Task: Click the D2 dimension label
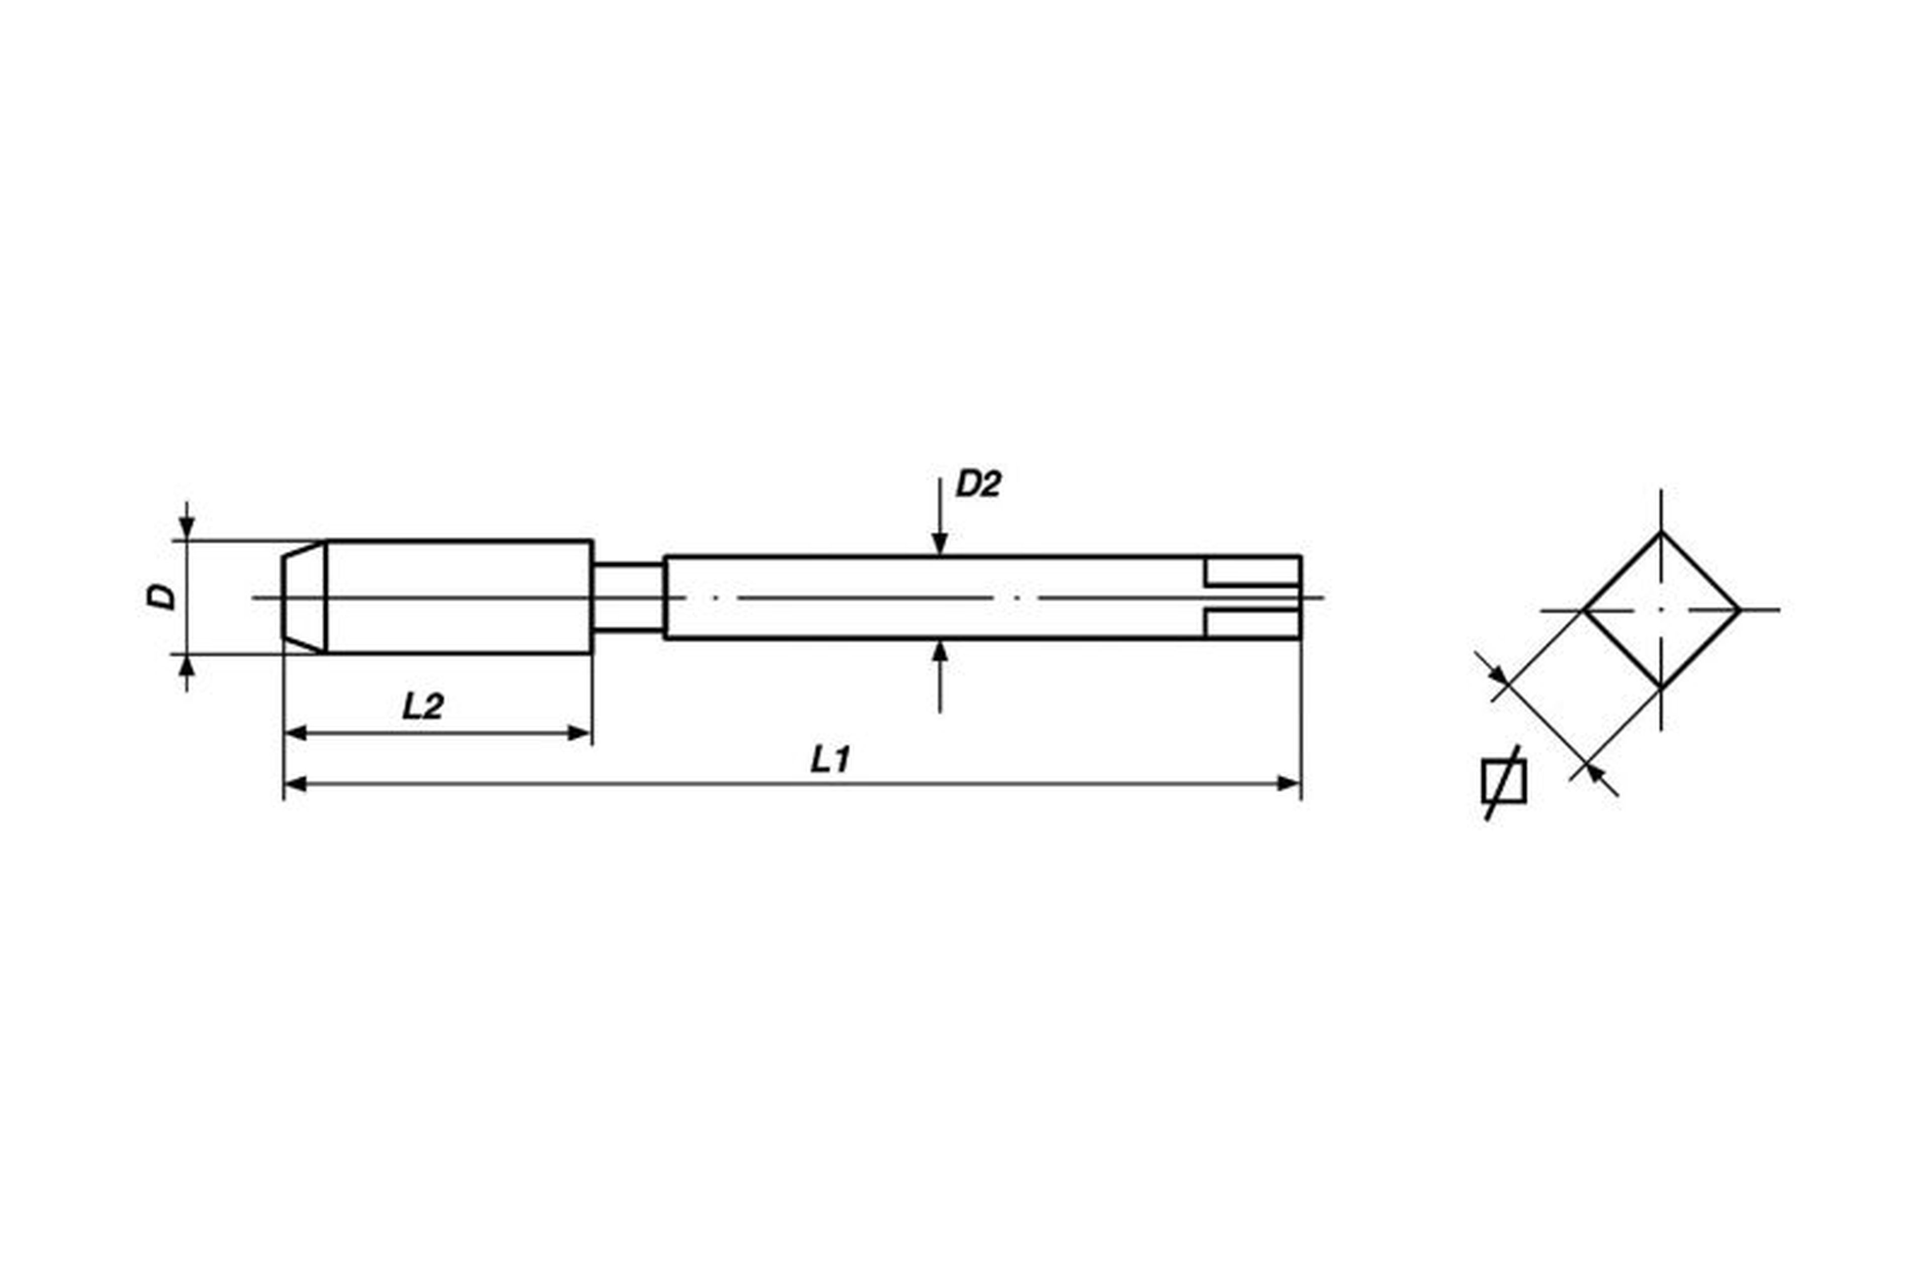[978, 484]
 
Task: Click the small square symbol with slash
[1504, 782]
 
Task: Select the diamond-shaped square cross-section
[1661, 610]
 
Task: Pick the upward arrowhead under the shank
[940, 651]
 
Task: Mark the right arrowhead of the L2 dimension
[580, 733]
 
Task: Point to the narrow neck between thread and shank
[629, 597]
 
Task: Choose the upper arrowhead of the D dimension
[187, 529]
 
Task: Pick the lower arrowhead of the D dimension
[187, 665]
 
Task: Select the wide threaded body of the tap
[458, 597]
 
